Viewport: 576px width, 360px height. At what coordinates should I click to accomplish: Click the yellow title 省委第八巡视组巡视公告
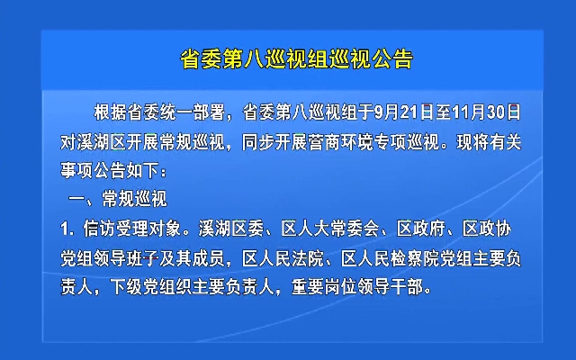(296, 59)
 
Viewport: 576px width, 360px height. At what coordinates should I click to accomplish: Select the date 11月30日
(486, 112)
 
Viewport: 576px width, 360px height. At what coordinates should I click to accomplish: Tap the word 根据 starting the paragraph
(110, 112)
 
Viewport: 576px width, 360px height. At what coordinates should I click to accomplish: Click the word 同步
(258, 142)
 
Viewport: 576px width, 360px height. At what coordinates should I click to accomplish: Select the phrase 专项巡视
(408, 142)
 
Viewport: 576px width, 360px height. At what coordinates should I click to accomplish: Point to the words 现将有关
(489, 142)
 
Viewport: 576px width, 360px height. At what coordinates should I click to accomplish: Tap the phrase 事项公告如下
(110, 170)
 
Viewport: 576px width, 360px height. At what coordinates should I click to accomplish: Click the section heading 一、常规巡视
(118, 199)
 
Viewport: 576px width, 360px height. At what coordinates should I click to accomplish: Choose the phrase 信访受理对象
(132, 229)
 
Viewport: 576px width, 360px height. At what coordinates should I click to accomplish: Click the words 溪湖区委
(231, 229)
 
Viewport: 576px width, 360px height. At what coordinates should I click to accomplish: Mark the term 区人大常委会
(330, 229)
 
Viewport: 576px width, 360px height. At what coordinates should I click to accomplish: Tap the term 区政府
(420, 229)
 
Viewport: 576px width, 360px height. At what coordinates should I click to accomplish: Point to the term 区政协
(487, 229)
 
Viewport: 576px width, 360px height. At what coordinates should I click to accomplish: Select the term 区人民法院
(283, 259)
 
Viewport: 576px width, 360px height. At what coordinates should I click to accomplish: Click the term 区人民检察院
(391, 259)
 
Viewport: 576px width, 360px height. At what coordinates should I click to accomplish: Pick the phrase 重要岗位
(324, 287)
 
